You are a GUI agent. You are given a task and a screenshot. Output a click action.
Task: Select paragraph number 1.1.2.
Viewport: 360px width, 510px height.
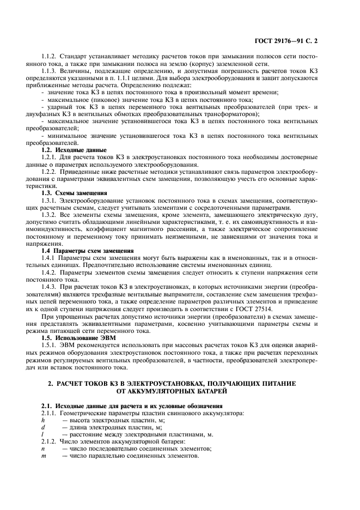(51, 56)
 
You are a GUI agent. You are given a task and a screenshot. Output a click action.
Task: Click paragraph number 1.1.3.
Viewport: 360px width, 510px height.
(51, 71)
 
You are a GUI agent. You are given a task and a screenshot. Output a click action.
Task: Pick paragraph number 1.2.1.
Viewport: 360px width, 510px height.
(51, 156)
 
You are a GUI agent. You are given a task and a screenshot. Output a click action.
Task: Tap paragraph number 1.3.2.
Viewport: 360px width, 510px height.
(51, 214)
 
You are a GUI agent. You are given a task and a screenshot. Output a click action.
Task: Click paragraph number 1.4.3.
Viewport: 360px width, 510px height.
(51, 287)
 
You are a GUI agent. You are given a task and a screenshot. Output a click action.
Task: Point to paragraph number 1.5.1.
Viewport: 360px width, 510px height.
(51, 344)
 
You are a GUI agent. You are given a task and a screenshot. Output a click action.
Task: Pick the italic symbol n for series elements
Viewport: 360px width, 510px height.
(43, 448)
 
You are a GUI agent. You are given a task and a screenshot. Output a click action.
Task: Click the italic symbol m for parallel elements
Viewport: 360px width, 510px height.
(44, 456)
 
